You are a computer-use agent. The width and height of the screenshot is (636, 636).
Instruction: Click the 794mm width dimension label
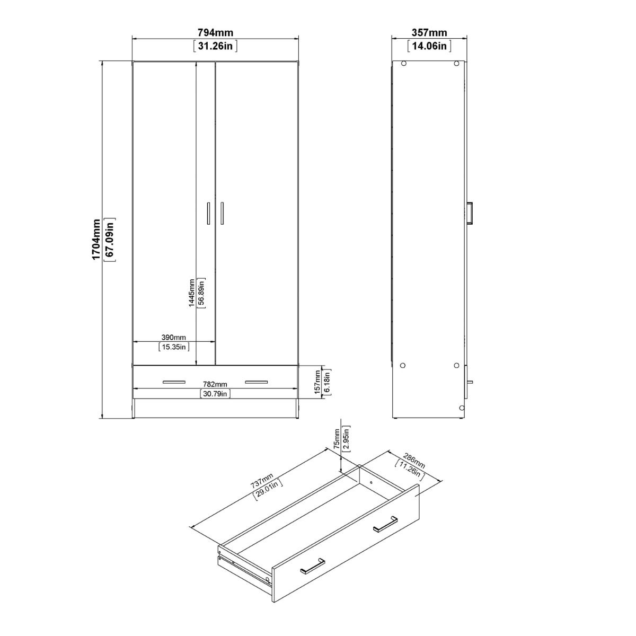click(x=215, y=33)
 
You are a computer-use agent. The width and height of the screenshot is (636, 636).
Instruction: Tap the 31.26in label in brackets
click(x=215, y=46)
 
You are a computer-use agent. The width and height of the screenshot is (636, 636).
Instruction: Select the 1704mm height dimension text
click(x=96, y=239)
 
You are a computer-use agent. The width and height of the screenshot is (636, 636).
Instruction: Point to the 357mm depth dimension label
click(x=429, y=33)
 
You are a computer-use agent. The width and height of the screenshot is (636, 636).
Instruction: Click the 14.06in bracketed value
click(x=429, y=46)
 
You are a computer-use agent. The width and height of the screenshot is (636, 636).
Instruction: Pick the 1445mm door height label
click(x=192, y=293)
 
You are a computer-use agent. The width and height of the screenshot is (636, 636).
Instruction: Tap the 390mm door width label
click(x=173, y=338)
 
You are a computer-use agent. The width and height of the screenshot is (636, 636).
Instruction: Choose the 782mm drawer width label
click(x=215, y=384)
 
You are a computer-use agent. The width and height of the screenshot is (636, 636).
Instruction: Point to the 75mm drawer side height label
click(x=337, y=438)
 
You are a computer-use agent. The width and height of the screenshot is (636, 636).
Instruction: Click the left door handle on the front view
click(x=209, y=214)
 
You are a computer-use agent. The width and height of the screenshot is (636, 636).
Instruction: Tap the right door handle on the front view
click(x=222, y=214)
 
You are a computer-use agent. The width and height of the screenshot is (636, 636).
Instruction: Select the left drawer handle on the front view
click(x=174, y=381)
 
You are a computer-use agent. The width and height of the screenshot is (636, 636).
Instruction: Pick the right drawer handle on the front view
click(x=257, y=381)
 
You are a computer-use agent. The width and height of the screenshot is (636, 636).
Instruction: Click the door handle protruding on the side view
click(x=470, y=214)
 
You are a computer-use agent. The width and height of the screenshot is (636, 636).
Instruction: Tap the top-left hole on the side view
click(x=404, y=64)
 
